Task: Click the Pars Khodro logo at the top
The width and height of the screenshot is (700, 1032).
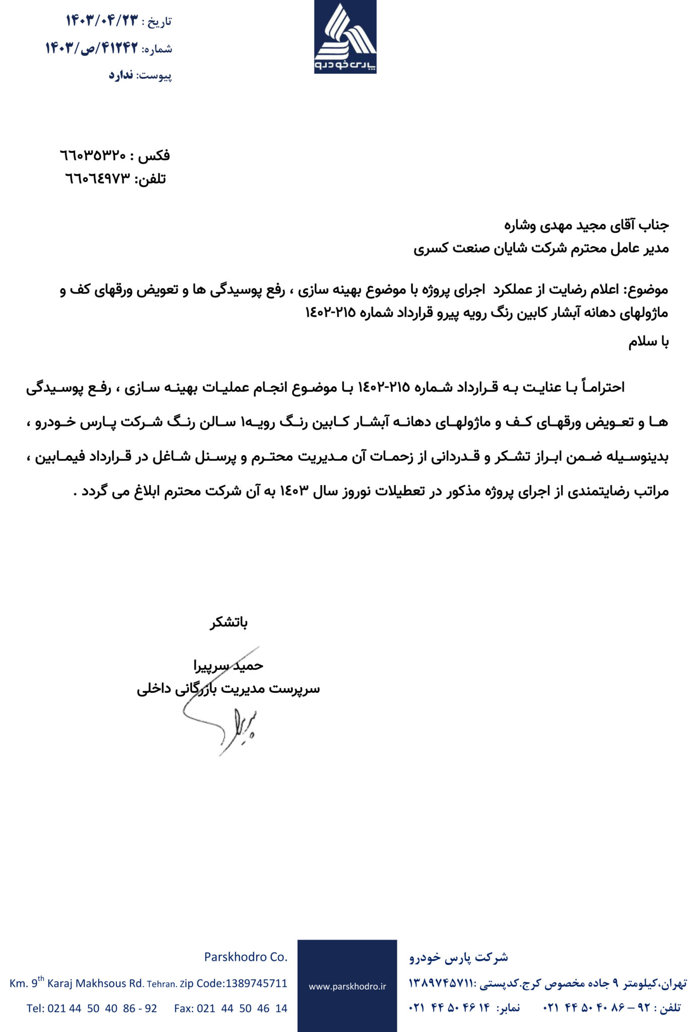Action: [345, 36]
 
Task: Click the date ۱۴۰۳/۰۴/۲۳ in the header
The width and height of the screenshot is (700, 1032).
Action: [101, 21]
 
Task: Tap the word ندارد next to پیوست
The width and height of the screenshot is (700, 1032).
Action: [121, 76]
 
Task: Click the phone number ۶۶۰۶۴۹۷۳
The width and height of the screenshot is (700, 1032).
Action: [98, 178]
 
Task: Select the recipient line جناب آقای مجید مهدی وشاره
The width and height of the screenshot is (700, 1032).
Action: [586, 225]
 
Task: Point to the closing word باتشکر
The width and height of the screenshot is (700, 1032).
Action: [229, 623]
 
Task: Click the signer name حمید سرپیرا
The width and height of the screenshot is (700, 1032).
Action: [229, 666]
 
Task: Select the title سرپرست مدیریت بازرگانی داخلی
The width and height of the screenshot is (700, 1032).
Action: [228, 689]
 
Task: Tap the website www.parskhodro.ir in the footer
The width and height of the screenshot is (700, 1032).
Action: [347, 987]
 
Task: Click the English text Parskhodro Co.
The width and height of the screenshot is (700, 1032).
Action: [246, 957]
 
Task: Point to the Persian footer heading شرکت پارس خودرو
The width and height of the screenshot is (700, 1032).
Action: [459, 957]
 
